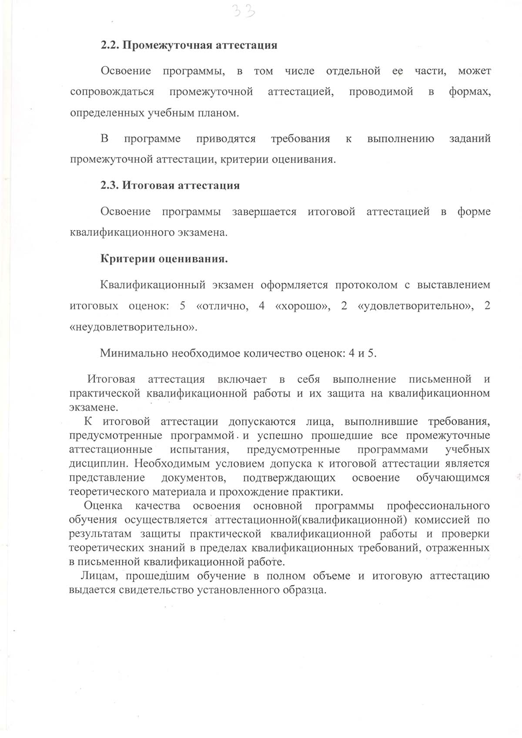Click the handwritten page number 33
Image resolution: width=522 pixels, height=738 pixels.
(243, 10)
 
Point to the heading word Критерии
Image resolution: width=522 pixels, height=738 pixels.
(127, 259)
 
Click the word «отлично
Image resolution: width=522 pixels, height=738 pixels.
(222, 306)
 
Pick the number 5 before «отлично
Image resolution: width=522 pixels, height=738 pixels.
(183, 306)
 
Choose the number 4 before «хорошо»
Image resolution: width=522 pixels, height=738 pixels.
(261, 306)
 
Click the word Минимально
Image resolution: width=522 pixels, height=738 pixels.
(134, 353)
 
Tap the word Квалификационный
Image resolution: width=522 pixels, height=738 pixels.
(153, 285)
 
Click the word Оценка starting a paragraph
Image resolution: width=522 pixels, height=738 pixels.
(103, 506)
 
